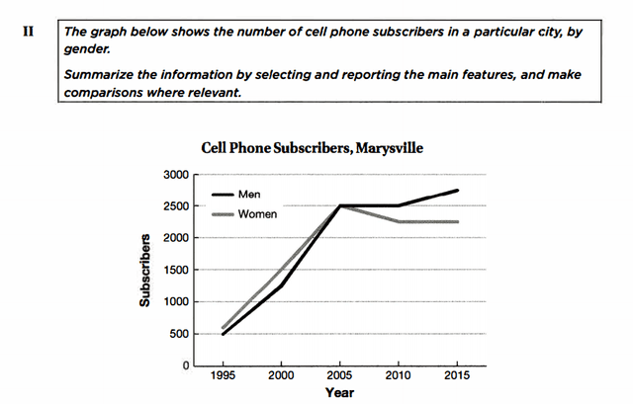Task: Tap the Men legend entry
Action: click(249, 196)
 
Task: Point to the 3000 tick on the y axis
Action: click(174, 175)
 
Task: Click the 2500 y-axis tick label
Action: click(174, 206)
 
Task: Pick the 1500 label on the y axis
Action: click(174, 271)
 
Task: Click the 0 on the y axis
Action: click(184, 366)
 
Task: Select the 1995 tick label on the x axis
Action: click(224, 377)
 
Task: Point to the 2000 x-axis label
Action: click(282, 377)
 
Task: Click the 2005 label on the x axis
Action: click(340, 377)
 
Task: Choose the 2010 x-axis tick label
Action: click(399, 377)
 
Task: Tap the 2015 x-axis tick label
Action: click(457, 377)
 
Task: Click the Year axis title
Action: click(339, 393)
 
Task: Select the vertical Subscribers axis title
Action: click(144, 271)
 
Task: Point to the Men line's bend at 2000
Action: click(282, 285)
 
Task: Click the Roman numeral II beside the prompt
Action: click(28, 31)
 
